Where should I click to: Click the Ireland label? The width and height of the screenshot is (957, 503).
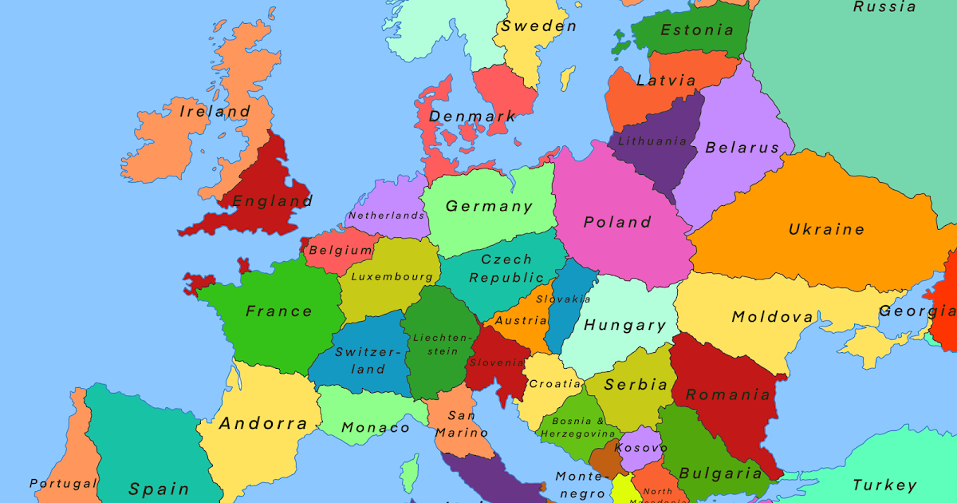[x=214, y=112]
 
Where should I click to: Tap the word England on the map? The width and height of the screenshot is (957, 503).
[x=272, y=201]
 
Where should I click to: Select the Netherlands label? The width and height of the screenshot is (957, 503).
[x=387, y=216]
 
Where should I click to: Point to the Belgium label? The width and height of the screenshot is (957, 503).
[x=341, y=250]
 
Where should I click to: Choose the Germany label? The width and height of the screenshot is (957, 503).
[x=489, y=207]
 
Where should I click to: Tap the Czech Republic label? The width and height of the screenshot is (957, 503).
[x=506, y=269]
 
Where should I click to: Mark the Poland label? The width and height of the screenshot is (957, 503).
[x=617, y=222]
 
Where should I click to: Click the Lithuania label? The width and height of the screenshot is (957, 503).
[x=652, y=141]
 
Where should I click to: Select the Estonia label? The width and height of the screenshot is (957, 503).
[x=697, y=30]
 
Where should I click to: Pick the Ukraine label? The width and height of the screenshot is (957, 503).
[x=826, y=230]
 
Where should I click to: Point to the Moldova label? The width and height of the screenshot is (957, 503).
[x=773, y=318]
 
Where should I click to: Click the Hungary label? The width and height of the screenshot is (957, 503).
[x=624, y=326]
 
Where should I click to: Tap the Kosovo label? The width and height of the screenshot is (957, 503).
[x=640, y=448]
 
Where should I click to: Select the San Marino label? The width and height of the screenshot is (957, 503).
[x=461, y=424]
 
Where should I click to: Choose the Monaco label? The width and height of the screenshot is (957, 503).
[x=376, y=428]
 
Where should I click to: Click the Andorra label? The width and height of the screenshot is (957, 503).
[x=263, y=423]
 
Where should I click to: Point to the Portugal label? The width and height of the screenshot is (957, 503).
[x=63, y=484]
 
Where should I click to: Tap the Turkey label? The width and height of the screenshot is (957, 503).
[x=884, y=485]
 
